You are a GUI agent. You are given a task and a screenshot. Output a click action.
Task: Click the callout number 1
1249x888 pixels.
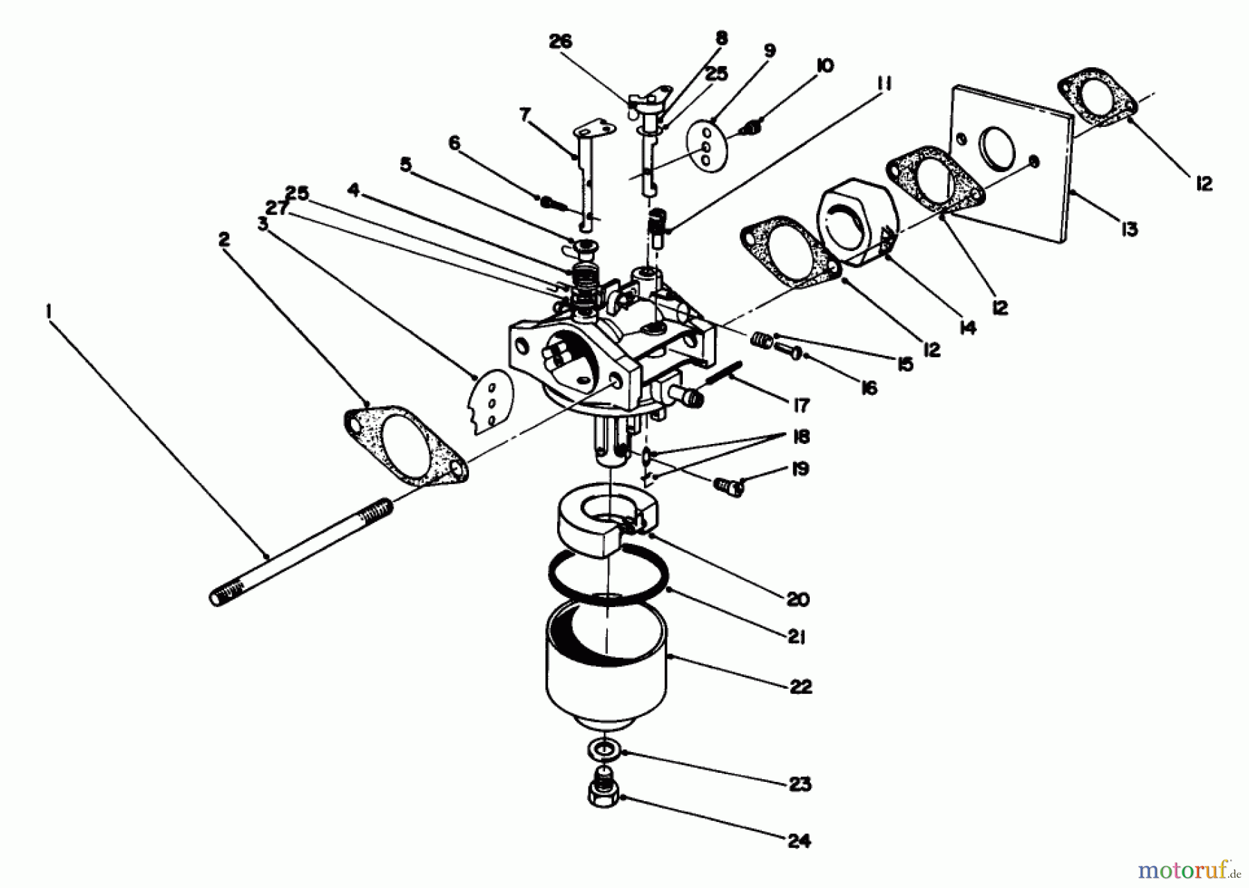(x=49, y=313)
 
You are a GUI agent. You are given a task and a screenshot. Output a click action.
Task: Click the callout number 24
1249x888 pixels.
(x=799, y=841)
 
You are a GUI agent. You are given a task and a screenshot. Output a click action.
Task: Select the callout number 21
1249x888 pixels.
(x=796, y=637)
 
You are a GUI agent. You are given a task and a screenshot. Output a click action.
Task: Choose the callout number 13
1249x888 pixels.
(x=1129, y=228)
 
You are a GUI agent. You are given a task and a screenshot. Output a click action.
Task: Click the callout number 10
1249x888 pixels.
(x=824, y=66)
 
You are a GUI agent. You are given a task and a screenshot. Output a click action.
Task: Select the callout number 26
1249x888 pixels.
(x=560, y=42)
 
